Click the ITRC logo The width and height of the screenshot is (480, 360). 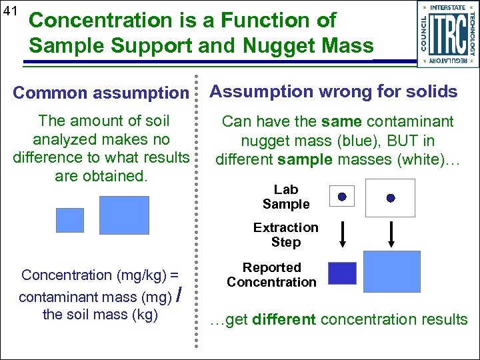[x=446, y=33]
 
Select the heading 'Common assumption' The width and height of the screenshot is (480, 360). [x=101, y=93]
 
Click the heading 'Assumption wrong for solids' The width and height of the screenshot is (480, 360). [x=334, y=91]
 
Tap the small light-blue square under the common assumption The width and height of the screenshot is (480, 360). [x=69, y=220]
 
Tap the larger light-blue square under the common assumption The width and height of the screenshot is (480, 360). [x=124, y=215]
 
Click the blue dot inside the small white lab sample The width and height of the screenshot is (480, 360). [x=342, y=197]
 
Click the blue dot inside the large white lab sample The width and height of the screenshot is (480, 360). [x=391, y=198]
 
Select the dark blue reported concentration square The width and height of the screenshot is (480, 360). [x=343, y=273]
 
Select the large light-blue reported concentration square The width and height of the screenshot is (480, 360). [x=392, y=271]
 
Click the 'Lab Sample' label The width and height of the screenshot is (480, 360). [x=286, y=197]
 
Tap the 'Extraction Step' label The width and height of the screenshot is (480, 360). [x=286, y=235]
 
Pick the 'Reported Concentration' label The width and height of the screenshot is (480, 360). [x=271, y=275]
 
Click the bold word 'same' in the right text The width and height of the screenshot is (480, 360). [x=341, y=121]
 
